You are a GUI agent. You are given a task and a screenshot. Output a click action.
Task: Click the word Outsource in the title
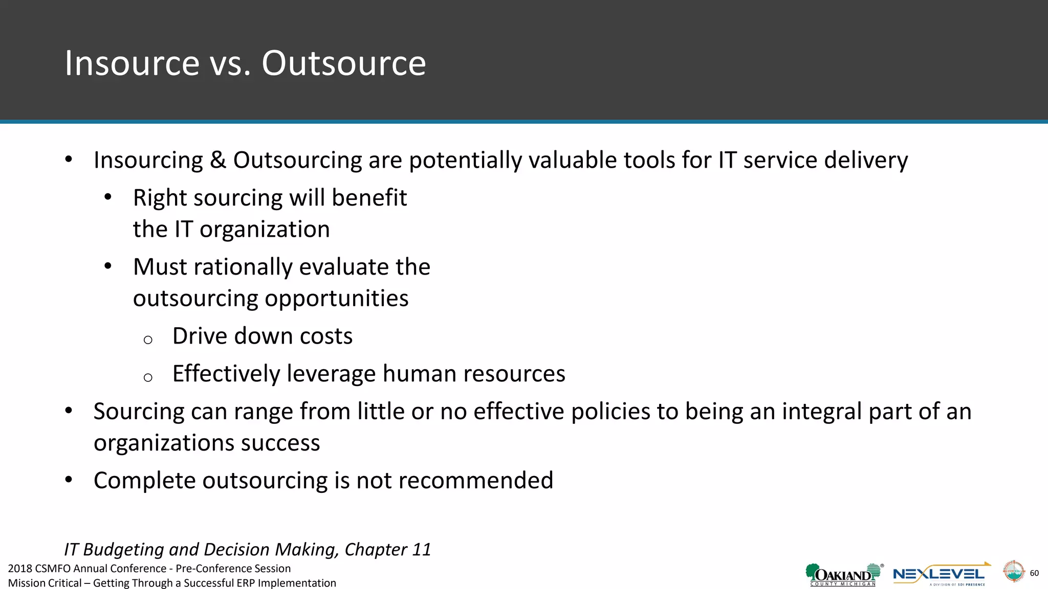click(x=343, y=63)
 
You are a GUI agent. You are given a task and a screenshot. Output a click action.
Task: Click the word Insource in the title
click(x=132, y=63)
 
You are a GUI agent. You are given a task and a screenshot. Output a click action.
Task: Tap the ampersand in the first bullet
click(x=218, y=160)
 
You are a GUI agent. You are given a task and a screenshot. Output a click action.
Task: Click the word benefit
click(x=369, y=198)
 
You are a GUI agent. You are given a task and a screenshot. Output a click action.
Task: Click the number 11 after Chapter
click(x=421, y=550)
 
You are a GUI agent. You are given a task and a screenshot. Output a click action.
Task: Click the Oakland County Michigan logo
click(x=843, y=575)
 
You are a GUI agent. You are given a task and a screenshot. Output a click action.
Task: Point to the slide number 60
click(x=1034, y=573)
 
